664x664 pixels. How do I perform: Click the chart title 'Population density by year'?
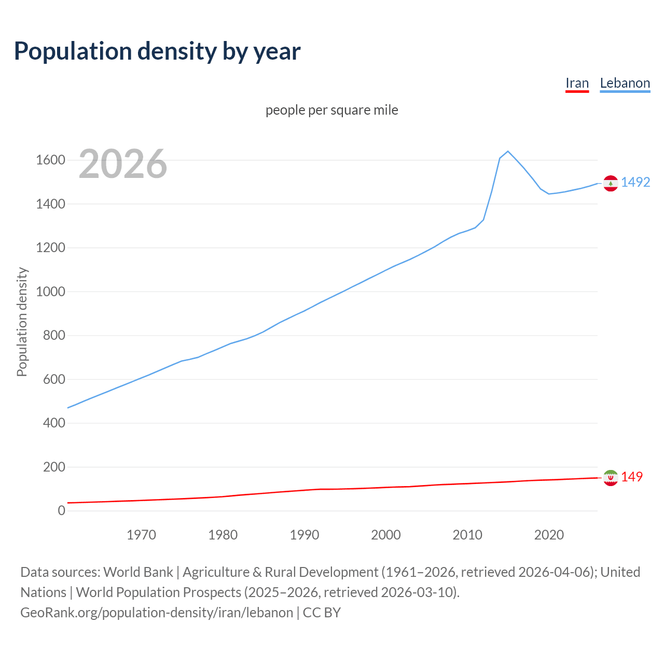(157, 51)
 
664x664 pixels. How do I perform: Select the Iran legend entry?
(577, 83)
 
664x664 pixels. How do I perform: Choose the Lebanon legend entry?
(625, 83)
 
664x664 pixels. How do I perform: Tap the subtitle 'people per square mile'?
(332, 110)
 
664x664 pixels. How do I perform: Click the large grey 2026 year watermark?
(123, 164)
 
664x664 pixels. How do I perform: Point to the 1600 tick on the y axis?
(50, 160)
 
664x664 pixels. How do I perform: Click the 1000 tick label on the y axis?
(50, 292)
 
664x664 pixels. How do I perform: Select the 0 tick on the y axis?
(62, 511)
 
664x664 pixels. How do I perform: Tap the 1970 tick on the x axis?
(141, 535)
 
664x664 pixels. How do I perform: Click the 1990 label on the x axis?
(305, 535)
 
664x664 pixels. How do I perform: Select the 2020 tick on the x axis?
(549, 535)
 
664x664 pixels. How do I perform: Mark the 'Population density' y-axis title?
(22, 322)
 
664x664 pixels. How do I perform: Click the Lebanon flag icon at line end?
(611, 184)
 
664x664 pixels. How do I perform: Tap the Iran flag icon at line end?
(611, 478)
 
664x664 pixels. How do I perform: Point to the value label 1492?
(635, 182)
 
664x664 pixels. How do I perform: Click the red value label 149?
(632, 477)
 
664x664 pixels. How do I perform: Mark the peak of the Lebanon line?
(508, 151)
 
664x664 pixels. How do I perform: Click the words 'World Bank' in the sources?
(138, 572)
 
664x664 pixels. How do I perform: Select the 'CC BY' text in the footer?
(322, 613)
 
